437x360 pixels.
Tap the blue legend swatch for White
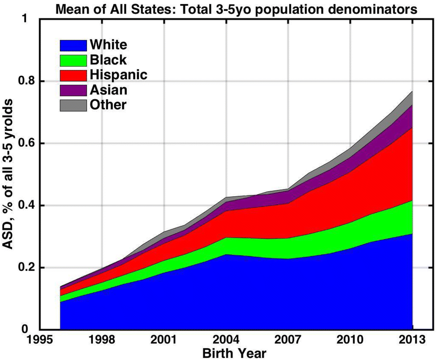[x=73, y=45]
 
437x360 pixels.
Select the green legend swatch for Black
[x=73, y=60]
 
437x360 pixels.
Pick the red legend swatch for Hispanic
[x=73, y=75]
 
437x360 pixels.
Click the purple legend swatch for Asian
[x=73, y=90]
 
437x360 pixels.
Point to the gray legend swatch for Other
[x=73, y=105]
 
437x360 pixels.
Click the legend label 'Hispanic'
[x=118, y=74]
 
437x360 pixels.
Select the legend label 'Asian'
[x=108, y=90]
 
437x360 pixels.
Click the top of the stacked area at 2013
[x=412, y=92]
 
